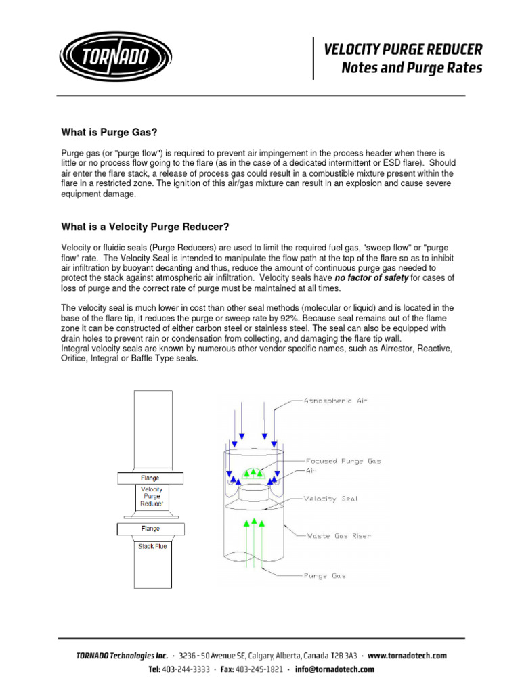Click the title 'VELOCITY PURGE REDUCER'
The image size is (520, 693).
click(x=403, y=49)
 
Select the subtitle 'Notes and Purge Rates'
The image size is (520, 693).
click(x=412, y=68)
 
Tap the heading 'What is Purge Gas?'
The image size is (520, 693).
click(x=114, y=132)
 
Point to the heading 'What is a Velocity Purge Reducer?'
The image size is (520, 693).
click(x=150, y=226)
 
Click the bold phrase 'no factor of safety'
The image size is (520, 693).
click(x=371, y=278)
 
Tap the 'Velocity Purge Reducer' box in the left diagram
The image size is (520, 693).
click(x=152, y=496)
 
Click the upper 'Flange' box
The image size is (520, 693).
click(x=150, y=478)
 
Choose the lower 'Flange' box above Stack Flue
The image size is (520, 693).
click(x=150, y=529)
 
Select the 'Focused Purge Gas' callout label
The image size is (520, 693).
click(x=343, y=461)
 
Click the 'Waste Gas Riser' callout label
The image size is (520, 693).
click(x=339, y=536)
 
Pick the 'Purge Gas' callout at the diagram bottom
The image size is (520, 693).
click(x=324, y=575)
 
